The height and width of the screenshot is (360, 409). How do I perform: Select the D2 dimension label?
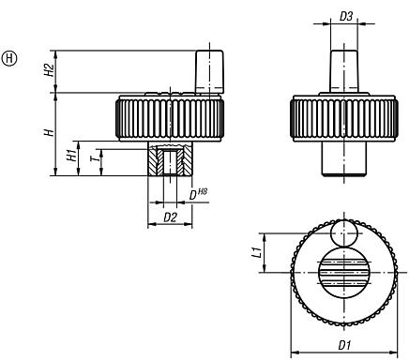[x=171, y=217]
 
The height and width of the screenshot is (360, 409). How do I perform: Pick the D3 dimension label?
[x=346, y=17]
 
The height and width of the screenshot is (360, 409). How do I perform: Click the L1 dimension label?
[x=279, y=251]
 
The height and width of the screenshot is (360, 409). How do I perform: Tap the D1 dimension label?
[x=344, y=346]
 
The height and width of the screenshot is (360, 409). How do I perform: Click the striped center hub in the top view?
[x=344, y=273]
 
